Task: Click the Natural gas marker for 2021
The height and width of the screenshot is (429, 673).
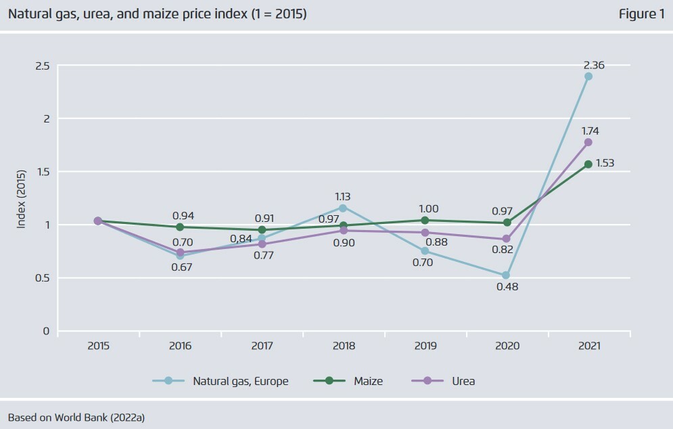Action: coord(588,76)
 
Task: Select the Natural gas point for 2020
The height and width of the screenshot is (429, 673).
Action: coord(507,275)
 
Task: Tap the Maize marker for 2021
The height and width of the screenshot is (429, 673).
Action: coord(588,164)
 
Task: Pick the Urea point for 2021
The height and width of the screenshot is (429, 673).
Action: coord(588,142)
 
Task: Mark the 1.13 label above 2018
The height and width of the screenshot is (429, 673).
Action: coord(343,197)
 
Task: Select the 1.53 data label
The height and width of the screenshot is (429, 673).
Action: coord(605,163)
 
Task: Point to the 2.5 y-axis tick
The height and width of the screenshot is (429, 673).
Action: coord(43,66)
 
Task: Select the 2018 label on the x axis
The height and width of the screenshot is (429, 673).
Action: coord(344,346)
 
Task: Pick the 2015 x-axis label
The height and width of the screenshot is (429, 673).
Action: coord(98,346)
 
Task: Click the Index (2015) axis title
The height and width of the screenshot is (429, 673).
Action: coord(21,198)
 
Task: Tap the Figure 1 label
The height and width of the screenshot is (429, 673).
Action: coord(641,14)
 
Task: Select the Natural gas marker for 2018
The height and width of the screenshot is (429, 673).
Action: coord(343,208)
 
